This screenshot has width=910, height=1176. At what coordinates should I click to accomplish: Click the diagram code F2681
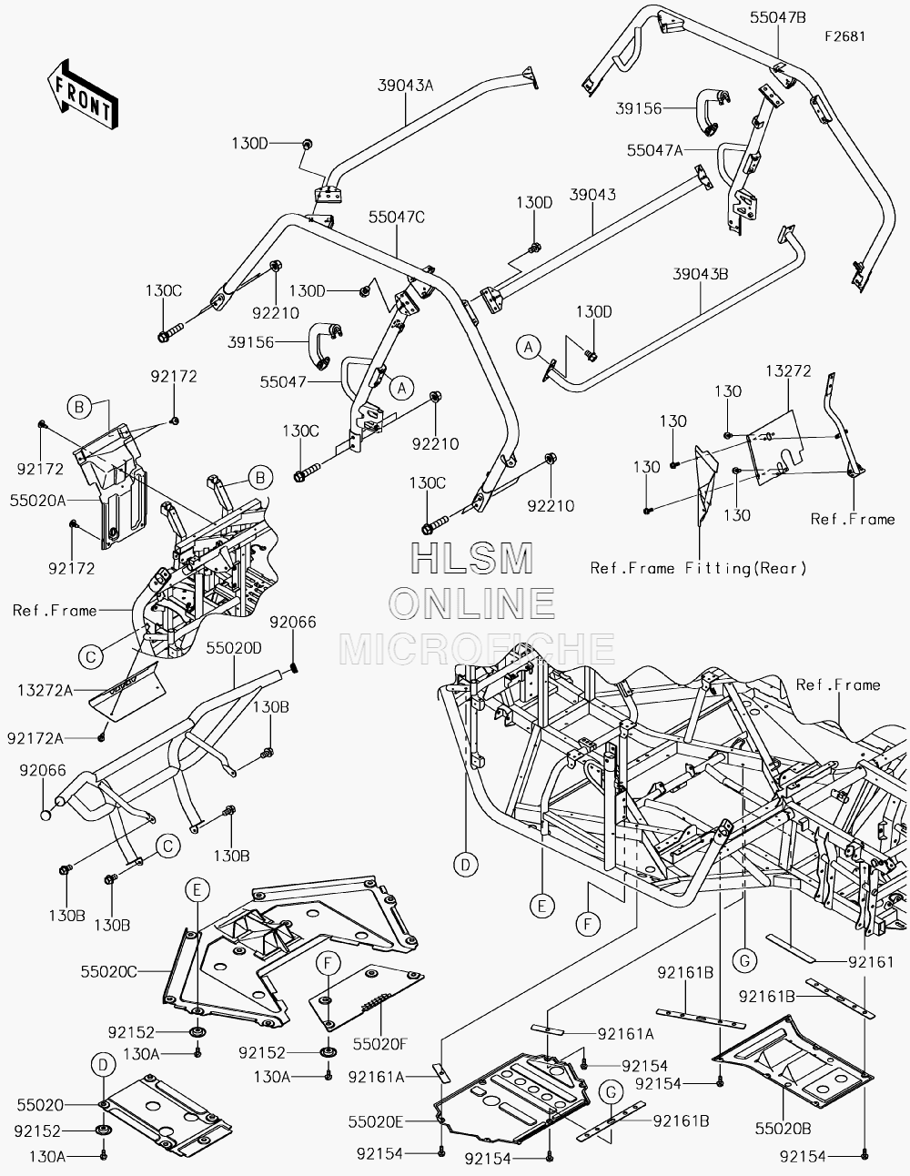pos(845,36)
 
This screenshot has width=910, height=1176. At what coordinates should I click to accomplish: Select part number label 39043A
pos(406,86)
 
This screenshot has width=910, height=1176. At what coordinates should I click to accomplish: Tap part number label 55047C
pos(397,217)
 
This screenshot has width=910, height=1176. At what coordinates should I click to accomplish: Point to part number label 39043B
pos(700,274)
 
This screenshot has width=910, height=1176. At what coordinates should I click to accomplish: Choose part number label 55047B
pos(778,18)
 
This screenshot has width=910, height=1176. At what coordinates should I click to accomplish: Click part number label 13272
pos(789,371)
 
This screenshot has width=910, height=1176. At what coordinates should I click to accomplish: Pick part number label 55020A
pos(38,501)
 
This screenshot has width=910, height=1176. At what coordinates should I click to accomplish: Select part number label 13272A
pos(45,691)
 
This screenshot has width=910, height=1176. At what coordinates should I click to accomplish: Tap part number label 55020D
pos(234,648)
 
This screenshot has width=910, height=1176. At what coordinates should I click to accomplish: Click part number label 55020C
pos(109,972)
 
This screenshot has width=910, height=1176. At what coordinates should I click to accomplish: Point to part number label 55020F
pos(380,1044)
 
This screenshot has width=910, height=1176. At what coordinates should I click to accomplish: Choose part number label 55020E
pos(376,1122)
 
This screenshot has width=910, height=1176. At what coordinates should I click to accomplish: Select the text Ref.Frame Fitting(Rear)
pos(699,568)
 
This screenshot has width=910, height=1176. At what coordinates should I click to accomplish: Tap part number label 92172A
pos(35,739)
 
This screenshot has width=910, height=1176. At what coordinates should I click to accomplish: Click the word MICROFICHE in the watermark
pos(477,648)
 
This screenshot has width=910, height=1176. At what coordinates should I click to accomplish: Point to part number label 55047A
pos(654,150)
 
